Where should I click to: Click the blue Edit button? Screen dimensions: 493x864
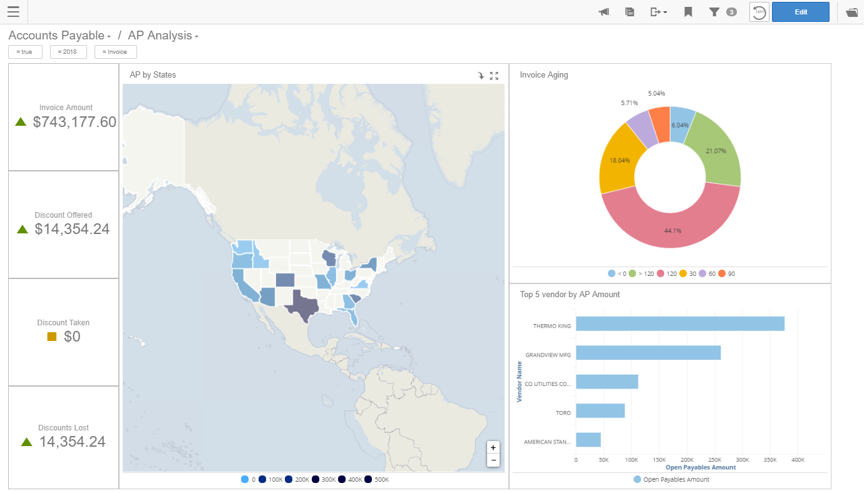point(800,12)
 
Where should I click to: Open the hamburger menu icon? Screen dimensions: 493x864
point(13,12)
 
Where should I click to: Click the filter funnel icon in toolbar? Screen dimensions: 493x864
point(714,12)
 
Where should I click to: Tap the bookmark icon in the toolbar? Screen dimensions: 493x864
point(688,12)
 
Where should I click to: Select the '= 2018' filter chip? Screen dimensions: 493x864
point(68,52)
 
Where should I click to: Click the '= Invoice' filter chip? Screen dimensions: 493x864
point(115,52)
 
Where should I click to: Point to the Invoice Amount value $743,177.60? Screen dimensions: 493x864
point(75,122)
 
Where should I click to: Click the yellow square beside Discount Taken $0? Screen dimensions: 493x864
point(52,337)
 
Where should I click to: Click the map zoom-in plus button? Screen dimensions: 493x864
point(493,447)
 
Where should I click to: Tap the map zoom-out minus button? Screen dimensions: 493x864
point(493,460)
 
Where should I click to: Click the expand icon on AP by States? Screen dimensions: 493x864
point(494,76)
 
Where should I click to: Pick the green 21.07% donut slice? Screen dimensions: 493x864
point(714,150)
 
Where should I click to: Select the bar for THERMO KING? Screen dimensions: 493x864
point(680,323)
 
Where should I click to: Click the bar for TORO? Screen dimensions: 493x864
point(600,410)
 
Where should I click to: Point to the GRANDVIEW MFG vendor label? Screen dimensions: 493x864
point(548,355)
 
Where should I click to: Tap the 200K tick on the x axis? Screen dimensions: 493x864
point(687,460)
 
